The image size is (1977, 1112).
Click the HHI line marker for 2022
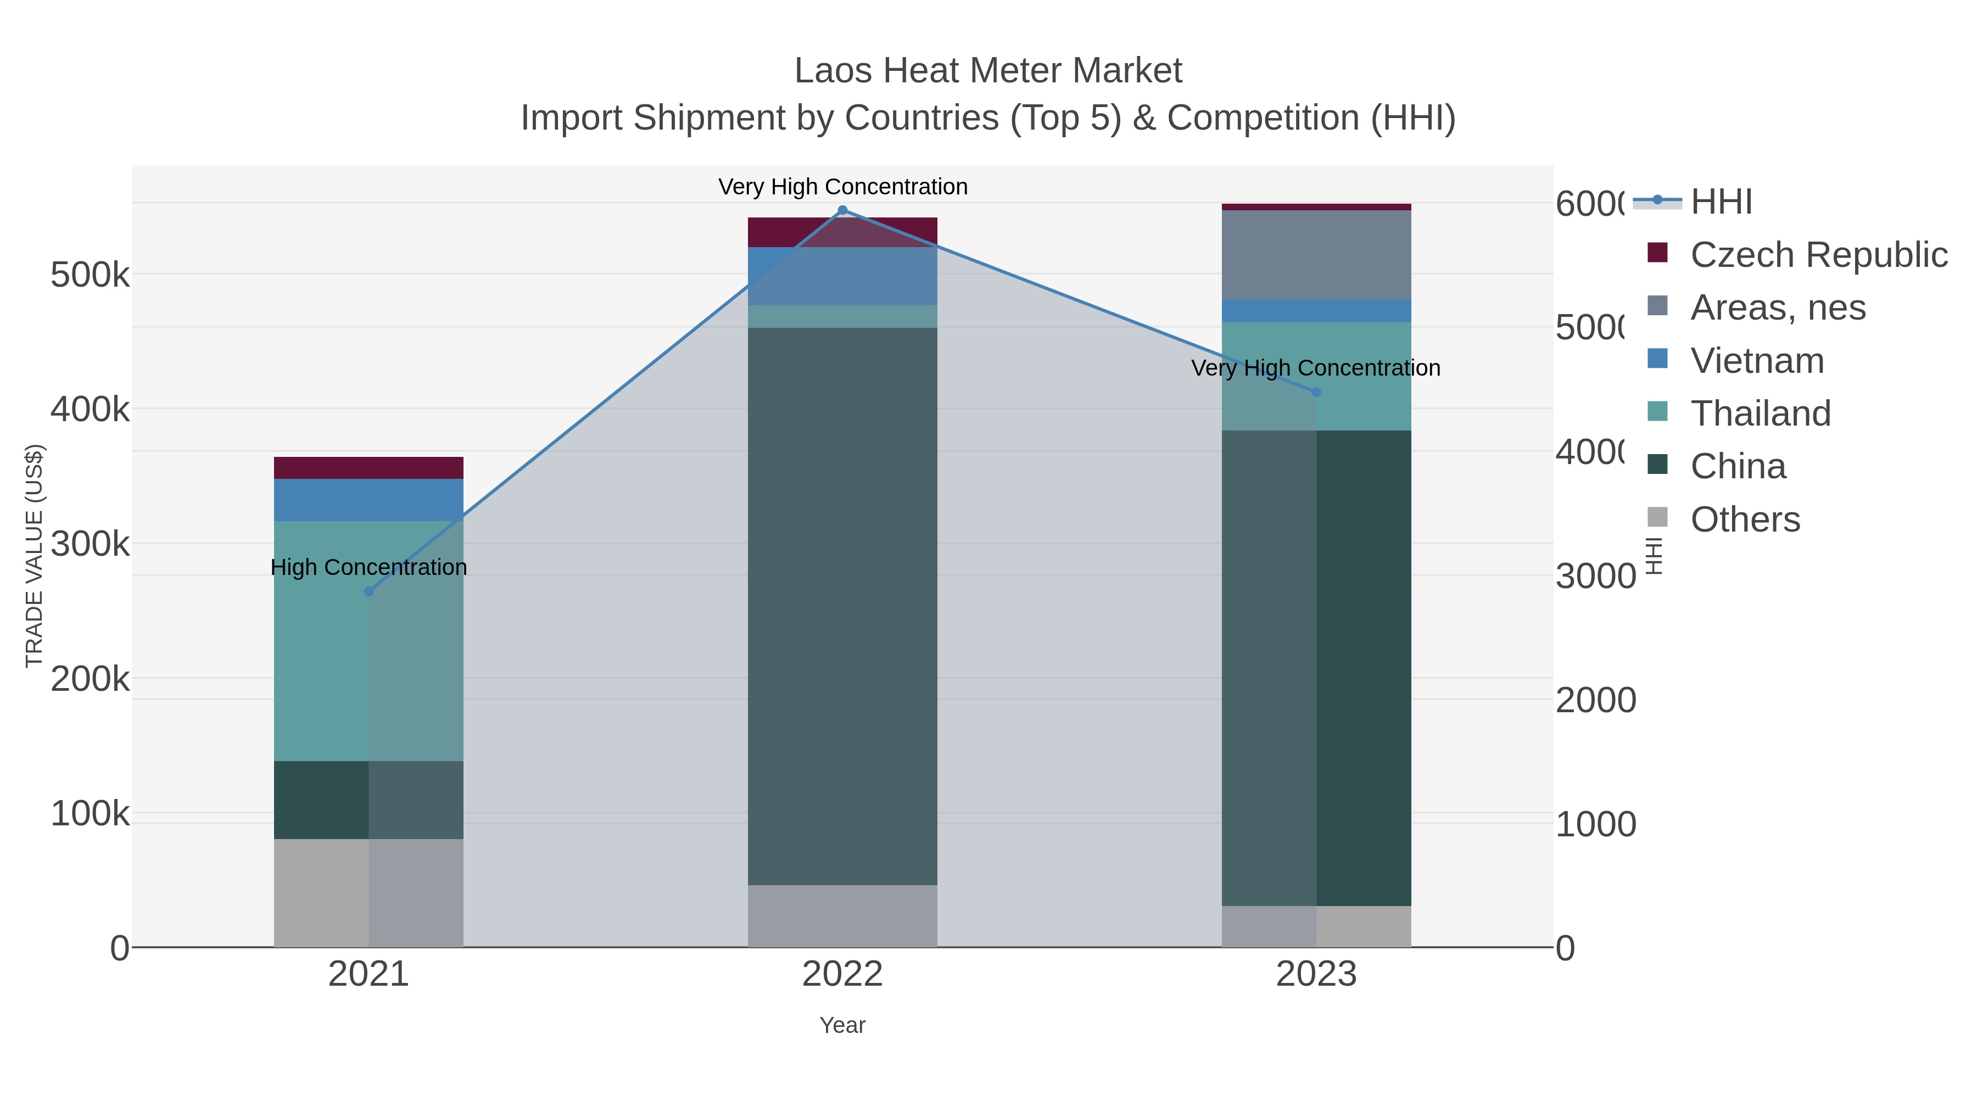pyautogui.click(x=842, y=210)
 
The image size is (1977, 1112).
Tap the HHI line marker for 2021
pyautogui.click(x=368, y=591)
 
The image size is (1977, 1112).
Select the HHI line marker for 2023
pyautogui.click(x=1316, y=392)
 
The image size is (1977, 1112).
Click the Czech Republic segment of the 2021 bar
pyautogui.click(x=368, y=468)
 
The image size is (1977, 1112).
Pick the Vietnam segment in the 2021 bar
pyautogui.click(x=368, y=500)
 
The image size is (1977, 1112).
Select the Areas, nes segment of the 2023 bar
pyautogui.click(x=1316, y=255)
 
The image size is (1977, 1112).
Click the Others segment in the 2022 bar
pyautogui.click(x=842, y=917)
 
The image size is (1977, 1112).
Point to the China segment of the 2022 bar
pyautogui.click(x=842, y=606)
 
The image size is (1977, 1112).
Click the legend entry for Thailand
pyautogui.click(x=1761, y=413)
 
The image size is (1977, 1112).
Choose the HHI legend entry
pyautogui.click(x=1721, y=202)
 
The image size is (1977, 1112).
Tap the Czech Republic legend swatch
pyautogui.click(x=1658, y=253)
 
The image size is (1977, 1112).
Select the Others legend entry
pyautogui.click(x=1745, y=519)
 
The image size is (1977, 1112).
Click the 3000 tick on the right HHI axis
pyautogui.click(x=1595, y=577)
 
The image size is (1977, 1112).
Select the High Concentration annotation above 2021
pyautogui.click(x=368, y=567)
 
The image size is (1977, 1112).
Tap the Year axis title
pyautogui.click(x=842, y=1025)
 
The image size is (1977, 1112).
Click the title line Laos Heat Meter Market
pyautogui.click(x=988, y=71)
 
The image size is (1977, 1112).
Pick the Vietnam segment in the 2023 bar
pyautogui.click(x=1316, y=311)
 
